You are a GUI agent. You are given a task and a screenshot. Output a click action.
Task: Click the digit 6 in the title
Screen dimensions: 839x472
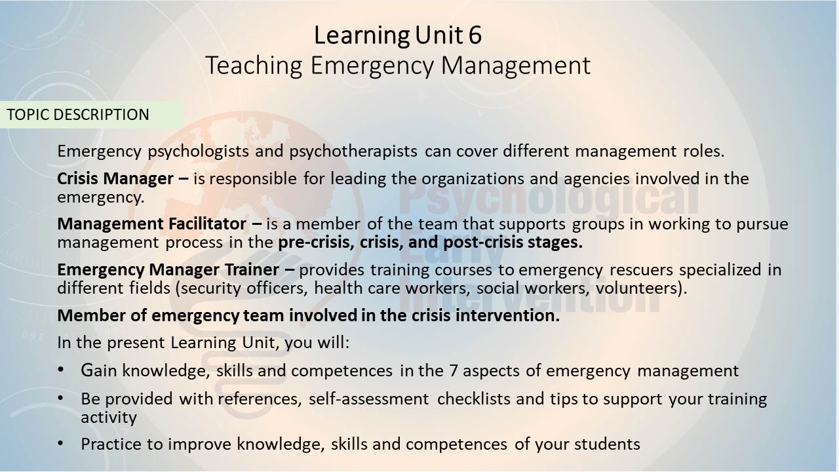[475, 35]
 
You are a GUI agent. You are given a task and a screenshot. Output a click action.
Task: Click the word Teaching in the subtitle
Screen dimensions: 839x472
[254, 65]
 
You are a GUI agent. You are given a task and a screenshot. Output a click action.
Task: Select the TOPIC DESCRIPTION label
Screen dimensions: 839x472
[78, 115]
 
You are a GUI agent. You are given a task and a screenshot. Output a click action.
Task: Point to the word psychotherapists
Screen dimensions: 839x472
[353, 151]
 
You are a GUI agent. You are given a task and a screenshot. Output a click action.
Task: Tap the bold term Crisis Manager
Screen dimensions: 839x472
[115, 179]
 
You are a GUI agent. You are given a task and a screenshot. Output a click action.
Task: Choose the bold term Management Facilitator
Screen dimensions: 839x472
[151, 224]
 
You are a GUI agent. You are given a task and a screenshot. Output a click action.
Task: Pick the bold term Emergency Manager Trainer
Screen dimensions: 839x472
[168, 269]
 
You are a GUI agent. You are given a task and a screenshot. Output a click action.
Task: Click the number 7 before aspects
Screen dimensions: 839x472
[453, 371]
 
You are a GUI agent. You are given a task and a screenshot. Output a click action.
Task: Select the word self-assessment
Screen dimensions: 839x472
[368, 399]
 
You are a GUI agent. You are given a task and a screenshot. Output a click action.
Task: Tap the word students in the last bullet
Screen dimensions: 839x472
[607, 444]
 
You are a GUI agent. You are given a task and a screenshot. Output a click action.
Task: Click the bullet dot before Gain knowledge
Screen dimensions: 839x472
[61, 370]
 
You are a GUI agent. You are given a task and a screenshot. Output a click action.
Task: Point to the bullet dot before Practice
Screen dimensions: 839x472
[61, 444]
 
